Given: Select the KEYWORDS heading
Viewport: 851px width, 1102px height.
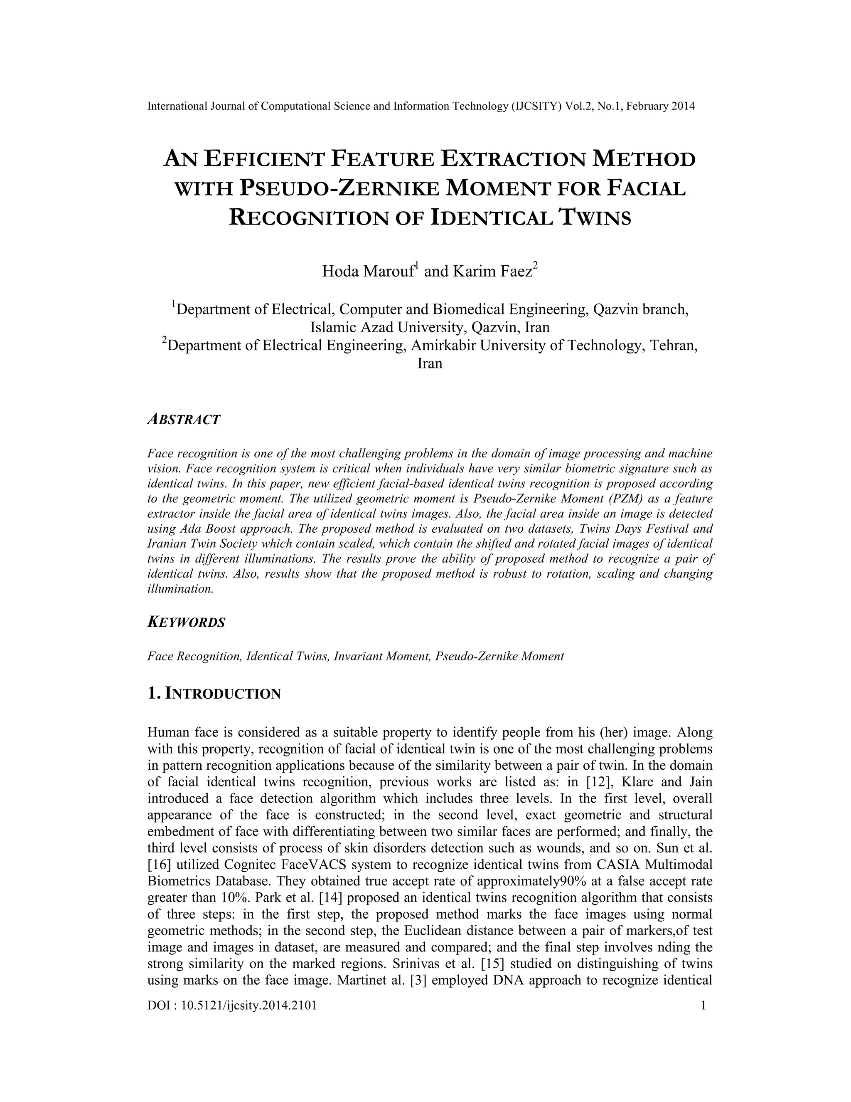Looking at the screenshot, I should (186, 622).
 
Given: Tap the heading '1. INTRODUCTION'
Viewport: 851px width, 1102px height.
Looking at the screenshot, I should (214, 694).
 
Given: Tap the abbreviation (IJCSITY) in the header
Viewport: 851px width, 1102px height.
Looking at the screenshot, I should (536, 106).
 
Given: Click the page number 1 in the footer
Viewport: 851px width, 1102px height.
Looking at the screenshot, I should (703, 1006).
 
